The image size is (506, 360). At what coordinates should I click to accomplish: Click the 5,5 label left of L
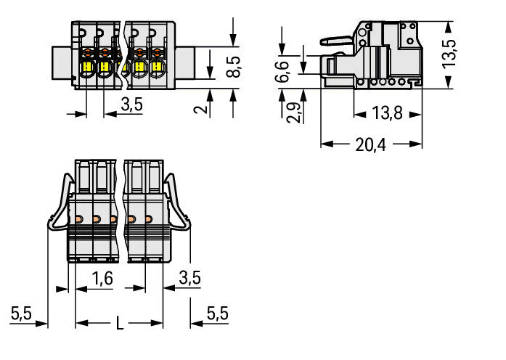[x=21, y=314]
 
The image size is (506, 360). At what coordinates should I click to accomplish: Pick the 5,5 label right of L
[x=217, y=314]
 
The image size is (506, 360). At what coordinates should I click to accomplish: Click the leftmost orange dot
[x=78, y=218]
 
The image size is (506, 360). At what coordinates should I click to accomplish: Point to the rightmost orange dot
[x=149, y=218]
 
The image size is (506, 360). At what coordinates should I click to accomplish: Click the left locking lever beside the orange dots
[x=59, y=207]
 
